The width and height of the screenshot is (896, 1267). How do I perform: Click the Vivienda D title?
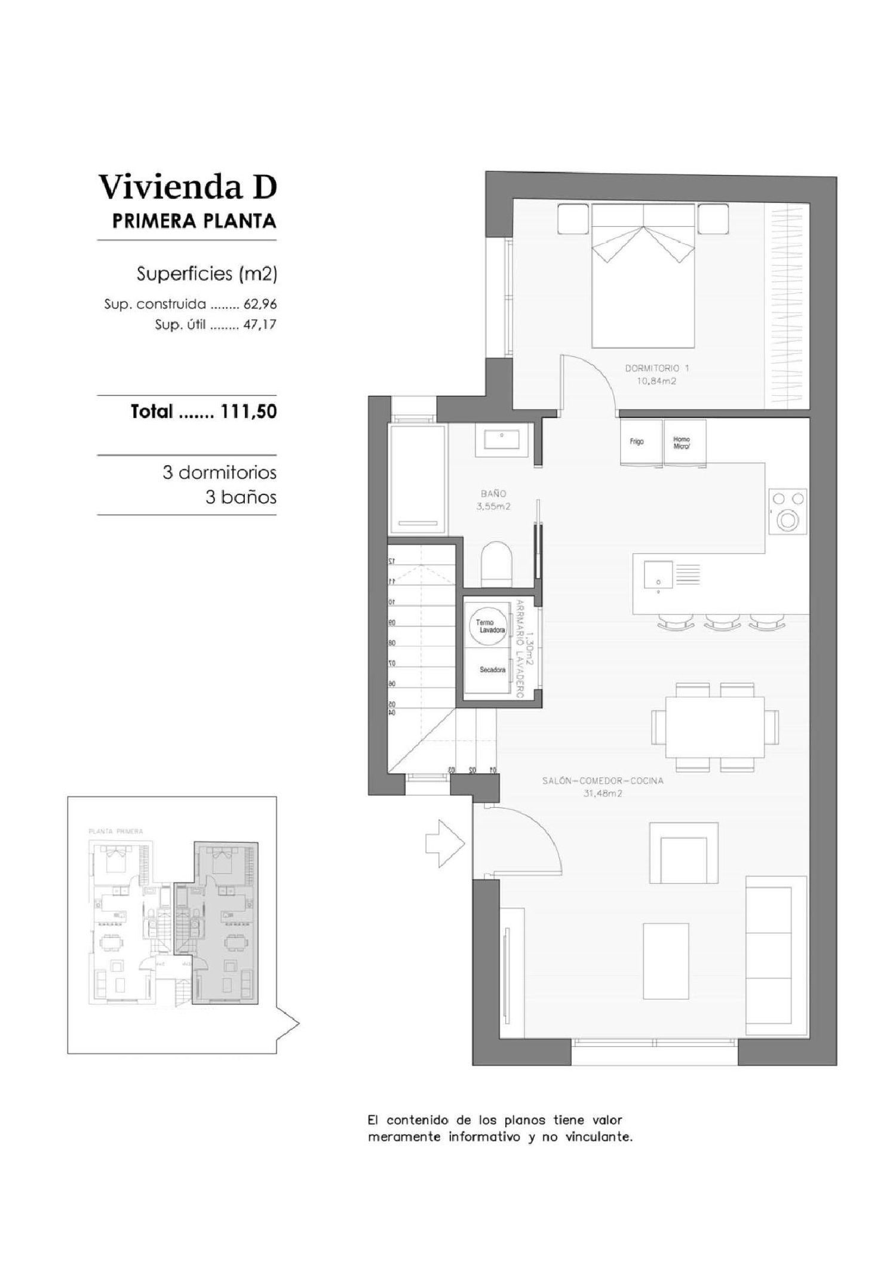tap(188, 187)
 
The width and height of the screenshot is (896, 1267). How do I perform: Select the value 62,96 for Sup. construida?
tap(260, 304)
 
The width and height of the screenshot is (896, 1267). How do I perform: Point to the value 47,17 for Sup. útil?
tap(260, 325)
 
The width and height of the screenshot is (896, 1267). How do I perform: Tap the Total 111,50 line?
tap(203, 411)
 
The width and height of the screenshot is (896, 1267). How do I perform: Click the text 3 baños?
tap(241, 497)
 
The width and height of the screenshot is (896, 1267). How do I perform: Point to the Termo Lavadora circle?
tap(490, 626)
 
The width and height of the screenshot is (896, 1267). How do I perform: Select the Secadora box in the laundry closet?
tap(492, 670)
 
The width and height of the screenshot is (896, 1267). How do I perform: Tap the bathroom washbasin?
tap(502, 439)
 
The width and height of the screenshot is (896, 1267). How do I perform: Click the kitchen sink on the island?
tap(658, 576)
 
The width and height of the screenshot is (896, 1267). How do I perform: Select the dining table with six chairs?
tap(715, 727)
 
